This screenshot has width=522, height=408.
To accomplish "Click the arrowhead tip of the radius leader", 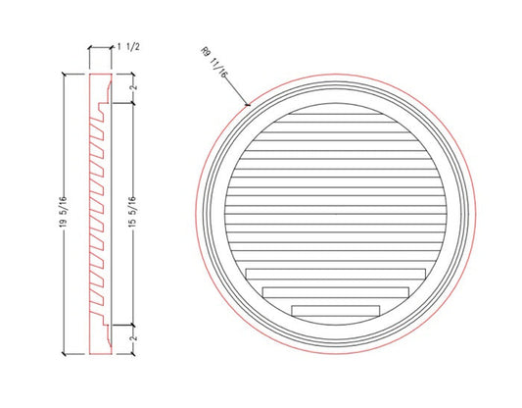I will [251, 104].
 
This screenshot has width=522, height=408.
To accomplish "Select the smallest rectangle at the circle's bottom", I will [336, 310].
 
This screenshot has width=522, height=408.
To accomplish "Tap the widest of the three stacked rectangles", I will [336, 276].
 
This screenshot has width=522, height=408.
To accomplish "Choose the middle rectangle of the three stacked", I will [336, 292].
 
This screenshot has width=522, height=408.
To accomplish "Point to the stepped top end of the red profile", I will [102, 86].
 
